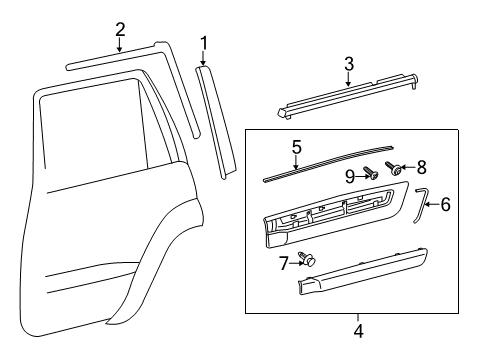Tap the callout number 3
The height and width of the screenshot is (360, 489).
348,65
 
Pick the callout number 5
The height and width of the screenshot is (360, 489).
296,147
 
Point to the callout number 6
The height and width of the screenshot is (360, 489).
445,205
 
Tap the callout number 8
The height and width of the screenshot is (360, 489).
421,167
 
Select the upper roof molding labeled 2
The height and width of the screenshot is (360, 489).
110,57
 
